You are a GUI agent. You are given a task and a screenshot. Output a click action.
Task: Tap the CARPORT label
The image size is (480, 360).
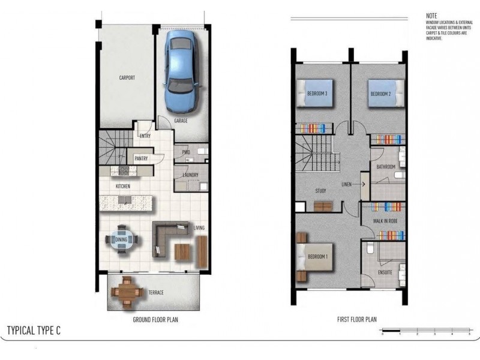click(127, 78)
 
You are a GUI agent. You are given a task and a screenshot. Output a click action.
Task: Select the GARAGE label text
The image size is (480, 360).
click(181, 121)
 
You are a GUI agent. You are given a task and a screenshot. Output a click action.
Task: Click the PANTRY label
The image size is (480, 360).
click(142, 158)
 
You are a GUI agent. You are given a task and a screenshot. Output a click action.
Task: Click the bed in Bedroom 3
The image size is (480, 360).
click(314, 93)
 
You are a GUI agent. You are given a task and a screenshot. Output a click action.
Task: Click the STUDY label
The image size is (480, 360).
click(320, 191)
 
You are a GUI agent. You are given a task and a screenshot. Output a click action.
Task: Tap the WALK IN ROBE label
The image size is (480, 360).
click(385, 221)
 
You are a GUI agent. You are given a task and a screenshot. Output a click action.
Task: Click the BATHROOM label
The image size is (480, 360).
click(385, 167)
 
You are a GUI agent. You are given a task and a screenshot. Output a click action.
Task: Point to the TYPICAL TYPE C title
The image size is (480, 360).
click(34, 331)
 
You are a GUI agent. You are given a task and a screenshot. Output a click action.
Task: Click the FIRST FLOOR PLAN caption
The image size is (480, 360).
click(356, 320)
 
